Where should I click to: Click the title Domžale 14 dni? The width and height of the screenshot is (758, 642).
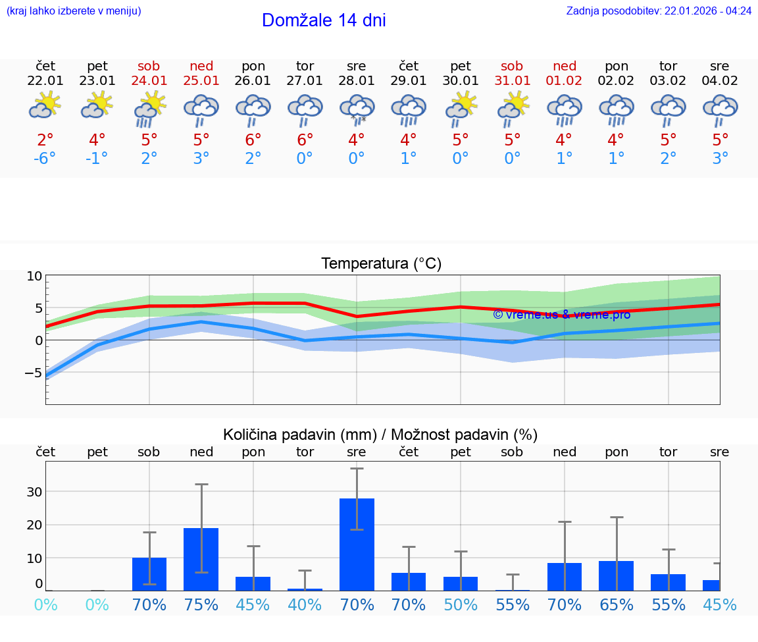click(x=324, y=20)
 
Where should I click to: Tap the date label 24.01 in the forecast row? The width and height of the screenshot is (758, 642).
click(x=149, y=81)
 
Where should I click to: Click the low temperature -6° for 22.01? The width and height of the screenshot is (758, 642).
click(x=45, y=159)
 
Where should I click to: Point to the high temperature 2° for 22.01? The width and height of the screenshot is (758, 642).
click(x=45, y=140)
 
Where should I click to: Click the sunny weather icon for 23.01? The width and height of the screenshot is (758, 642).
click(x=97, y=105)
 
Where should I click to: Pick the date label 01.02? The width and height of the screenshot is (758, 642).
click(x=565, y=81)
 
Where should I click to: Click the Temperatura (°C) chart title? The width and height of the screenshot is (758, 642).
click(x=381, y=264)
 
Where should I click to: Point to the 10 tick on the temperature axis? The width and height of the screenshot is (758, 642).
click(x=34, y=277)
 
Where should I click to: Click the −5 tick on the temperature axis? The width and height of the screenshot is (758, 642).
click(x=33, y=373)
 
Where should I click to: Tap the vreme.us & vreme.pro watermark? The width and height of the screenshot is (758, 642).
click(x=561, y=315)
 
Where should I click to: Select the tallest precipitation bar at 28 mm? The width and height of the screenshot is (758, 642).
click(x=357, y=544)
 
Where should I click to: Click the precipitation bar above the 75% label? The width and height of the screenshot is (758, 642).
click(x=201, y=559)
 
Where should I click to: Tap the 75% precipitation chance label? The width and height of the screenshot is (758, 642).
click(x=201, y=605)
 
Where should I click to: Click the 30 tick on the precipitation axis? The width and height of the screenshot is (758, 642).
click(x=34, y=492)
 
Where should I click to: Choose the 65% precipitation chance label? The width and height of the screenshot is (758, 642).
click(x=617, y=605)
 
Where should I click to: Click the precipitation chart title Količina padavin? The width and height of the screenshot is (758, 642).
click(x=380, y=435)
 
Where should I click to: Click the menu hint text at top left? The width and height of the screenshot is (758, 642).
click(x=74, y=11)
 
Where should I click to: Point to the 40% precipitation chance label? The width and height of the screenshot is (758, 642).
click(x=305, y=605)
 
